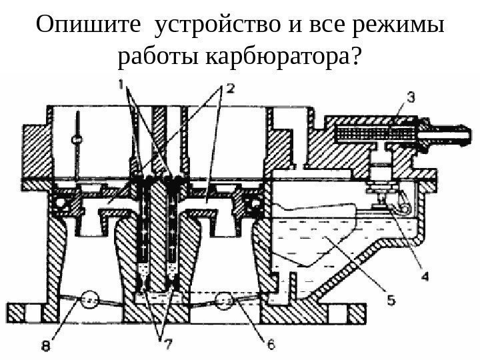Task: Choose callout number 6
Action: coord(271,344)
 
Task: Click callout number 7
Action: coord(164,344)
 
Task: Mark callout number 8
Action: coord(45,345)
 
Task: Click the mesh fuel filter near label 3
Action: coord(363,133)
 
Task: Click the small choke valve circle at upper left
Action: coord(78,139)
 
